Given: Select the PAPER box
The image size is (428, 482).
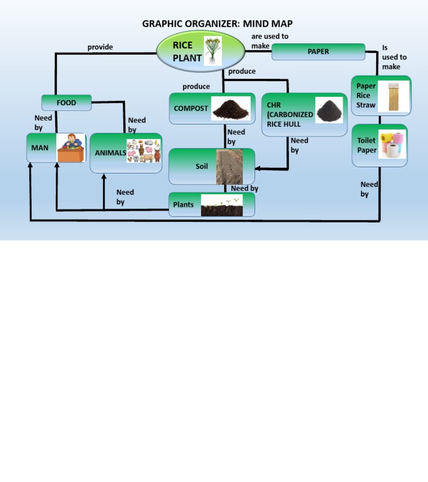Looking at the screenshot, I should pyautogui.click(x=318, y=52).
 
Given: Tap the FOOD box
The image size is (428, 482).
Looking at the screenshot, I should pyautogui.click(x=66, y=103).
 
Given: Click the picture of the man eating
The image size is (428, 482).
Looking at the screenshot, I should pyautogui.click(x=71, y=148).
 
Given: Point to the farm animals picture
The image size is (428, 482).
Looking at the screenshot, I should pyautogui.click(x=144, y=151).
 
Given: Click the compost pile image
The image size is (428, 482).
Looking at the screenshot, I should pyautogui.click(x=231, y=109).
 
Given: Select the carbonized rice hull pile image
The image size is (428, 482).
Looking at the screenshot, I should pyautogui.click(x=329, y=110).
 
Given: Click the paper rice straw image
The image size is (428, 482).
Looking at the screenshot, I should pyautogui.click(x=393, y=96).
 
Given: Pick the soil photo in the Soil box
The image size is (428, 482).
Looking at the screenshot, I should pyautogui.click(x=229, y=166).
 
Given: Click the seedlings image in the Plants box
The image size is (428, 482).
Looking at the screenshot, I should pyautogui.click(x=221, y=205).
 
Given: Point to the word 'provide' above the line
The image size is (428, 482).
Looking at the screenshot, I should pyautogui.click(x=100, y=47).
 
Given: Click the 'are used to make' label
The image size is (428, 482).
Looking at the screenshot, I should pyautogui.click(x=269, y=41).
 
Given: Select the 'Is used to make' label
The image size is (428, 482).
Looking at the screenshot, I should pyautogui.click(x=394, y=57).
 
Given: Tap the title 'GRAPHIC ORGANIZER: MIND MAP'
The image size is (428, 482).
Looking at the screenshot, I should pyautogui.click(x=217, y=24).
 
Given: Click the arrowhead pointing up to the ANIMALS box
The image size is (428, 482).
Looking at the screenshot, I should pyautogui.click(x=104, y=177).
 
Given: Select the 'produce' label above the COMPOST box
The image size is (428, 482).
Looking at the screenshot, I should pyautogui.click(x=196, y=87).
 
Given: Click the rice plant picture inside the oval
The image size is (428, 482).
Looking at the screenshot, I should pyautogui.click(x=212, y=51).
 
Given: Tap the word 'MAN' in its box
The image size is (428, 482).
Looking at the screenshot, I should pyautogui.click(x=40, y=148).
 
